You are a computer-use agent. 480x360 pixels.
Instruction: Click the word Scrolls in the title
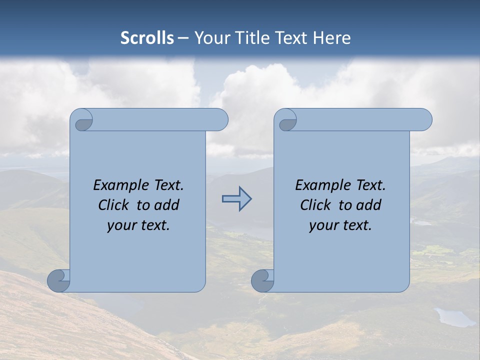[147, 38]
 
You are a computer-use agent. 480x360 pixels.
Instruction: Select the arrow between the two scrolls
[236, 199]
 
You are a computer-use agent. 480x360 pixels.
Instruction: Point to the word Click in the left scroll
[115, 205]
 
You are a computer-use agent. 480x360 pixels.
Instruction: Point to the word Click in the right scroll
[317, 205]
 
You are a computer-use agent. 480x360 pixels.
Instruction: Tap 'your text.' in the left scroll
[138, 225]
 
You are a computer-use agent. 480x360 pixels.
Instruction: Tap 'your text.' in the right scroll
[340, 225]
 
